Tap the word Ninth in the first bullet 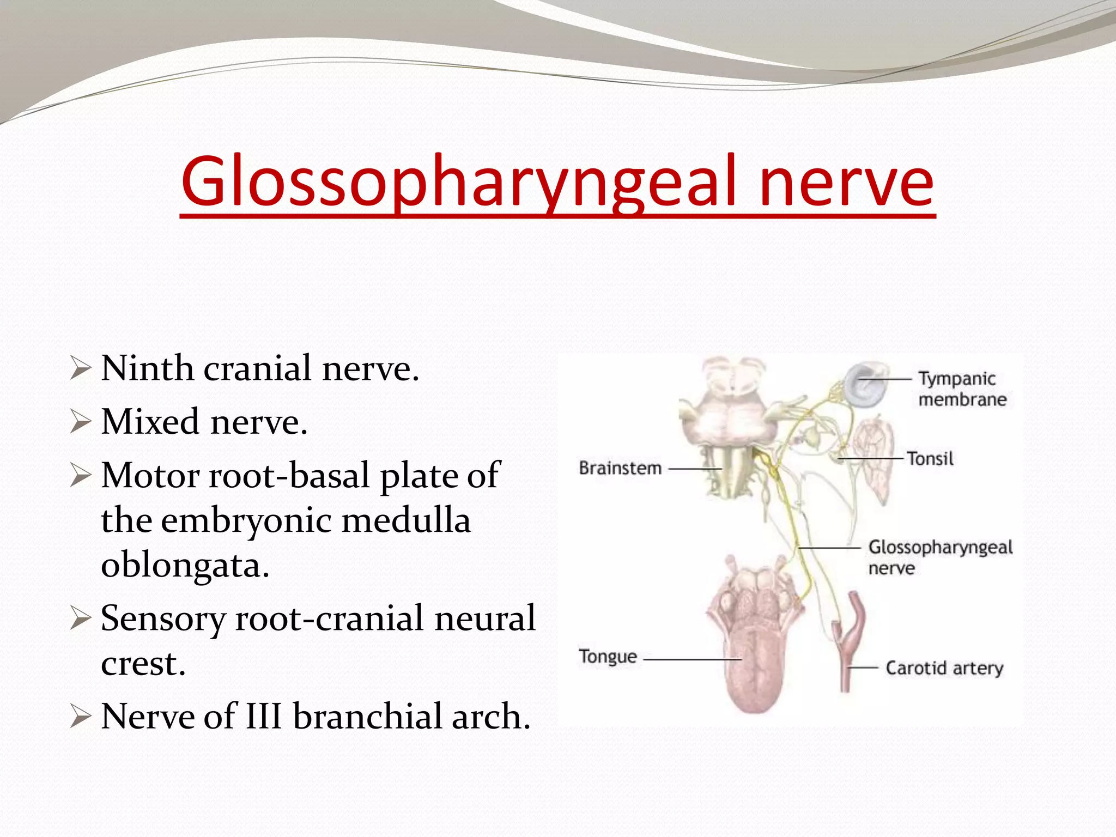pyautogui.click(x=147, y=368)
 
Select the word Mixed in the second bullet pyautogui.click(x=150, y=422)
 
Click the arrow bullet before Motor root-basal pyautogui.click(x=80, y=476)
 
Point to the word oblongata pyautogui.click(x=185, y=565)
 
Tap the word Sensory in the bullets pyautogui.click(x=163, y=618)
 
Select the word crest pyautogui.click(x=143, y=664)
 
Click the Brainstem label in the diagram pyautogui.click(x=620, y=468)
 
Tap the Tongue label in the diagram pyautogui.click(x=608, y=657)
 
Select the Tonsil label pyautogui.click(x=930, y=459)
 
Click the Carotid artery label pyautogui.click(x=944, y=668)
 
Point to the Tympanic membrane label pyautogui.click(x=961, y=389)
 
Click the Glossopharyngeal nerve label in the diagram pyautogui.click(x=940, y=557)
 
